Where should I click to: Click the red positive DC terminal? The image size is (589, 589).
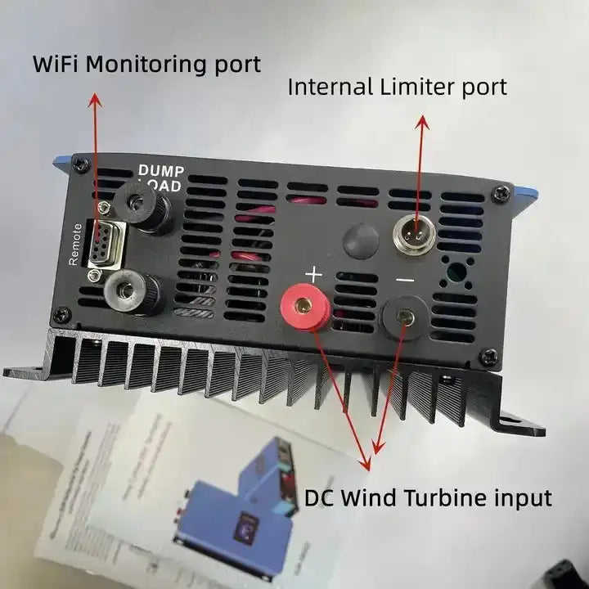(x=304, y=306)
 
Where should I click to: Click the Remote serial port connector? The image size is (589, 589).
(x=101, y=243)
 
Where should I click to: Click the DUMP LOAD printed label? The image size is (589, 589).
(x=160, y=177)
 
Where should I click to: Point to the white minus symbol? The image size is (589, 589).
(x=405, y=281)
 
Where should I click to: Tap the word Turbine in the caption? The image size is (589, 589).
(x=456, y=497)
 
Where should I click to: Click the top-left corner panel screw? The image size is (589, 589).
(x=80, y=164)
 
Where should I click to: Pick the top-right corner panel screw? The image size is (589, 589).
(x=501, y=194)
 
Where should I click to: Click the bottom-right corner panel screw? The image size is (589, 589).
(x=488, y=357)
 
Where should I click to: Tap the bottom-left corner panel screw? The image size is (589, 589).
(x=61, y=313)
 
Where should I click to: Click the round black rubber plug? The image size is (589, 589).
(x=361, y=242)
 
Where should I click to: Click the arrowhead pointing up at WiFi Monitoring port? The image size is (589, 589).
(x=95, y=100)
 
